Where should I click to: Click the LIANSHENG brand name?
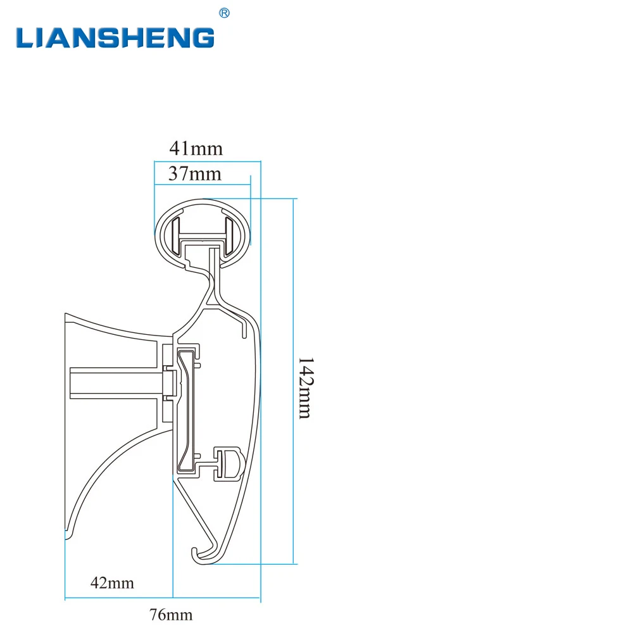click(x=115, y=37)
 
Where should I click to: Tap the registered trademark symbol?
click(x=224, y=13)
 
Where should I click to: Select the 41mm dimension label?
click(x=196, y=149)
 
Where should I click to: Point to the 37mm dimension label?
click(x=195, y=174)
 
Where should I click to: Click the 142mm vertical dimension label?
click(x=305, y=387)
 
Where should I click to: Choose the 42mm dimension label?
click(x=113, y=582)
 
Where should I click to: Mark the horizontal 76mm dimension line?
click(x=163, y=597)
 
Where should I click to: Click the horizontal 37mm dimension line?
click(x=203, y=184)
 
